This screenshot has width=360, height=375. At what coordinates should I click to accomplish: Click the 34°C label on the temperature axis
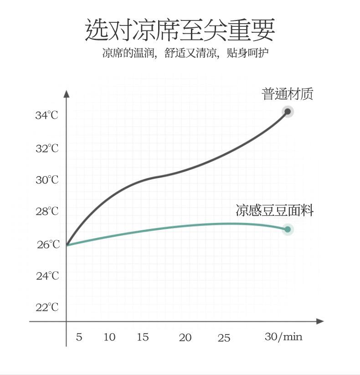(47, 116)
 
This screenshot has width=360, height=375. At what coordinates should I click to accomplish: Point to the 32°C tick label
(47, 149)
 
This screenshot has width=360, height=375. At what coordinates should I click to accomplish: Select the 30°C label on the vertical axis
(47, 180)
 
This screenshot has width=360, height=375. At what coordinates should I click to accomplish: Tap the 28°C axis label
(47, 212)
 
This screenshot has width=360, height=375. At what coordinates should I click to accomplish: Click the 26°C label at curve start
(48, 245)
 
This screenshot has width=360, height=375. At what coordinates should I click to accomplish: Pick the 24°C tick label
(47, 276)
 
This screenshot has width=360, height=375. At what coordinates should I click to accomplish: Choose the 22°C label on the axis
(47, 308)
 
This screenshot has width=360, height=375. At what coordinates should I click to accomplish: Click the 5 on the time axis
(79, 337)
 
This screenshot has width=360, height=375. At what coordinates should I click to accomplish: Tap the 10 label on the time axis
(109, 337)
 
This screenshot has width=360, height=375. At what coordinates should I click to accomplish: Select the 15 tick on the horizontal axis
(143, 337)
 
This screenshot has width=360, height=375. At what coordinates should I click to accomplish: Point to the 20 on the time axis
(185, 338)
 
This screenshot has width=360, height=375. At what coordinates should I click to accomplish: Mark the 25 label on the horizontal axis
(224, 338)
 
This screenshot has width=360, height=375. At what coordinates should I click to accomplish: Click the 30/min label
(283, 337)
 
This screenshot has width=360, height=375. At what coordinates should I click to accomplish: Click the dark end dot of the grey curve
(288, 111)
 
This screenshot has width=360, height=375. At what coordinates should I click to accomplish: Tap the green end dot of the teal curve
(288, 229)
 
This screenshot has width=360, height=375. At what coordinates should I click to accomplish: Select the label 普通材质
(288, 94)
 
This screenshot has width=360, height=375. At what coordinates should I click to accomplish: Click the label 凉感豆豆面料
(274, 210)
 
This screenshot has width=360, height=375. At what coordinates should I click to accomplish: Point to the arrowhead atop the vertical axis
(67, 94)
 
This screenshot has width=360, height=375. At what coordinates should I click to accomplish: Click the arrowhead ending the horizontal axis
(320, 321)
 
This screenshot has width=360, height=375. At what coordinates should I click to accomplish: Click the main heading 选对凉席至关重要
(180, 30)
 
